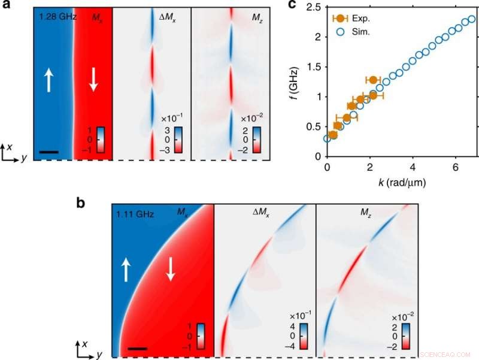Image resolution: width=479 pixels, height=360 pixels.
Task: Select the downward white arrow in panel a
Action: coord(93,80)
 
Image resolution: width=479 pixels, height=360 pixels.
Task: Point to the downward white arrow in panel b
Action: coord(171,270)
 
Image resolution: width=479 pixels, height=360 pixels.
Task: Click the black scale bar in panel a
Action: coord(48,152)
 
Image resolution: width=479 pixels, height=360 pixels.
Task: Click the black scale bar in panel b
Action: coord(137,348)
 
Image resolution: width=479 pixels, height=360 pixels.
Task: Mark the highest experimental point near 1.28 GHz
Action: coord(373,80)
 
